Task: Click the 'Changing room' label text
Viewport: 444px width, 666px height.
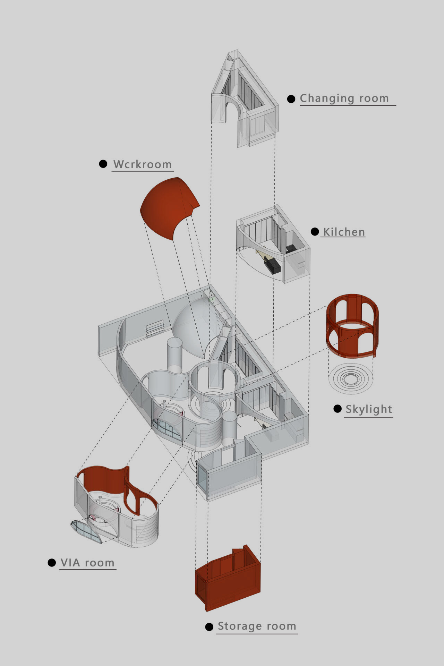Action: (344, 99)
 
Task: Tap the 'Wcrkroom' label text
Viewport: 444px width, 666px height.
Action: (143, 164)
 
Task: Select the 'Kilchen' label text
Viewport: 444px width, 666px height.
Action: (344, 232)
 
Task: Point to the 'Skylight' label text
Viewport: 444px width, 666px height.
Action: (369, 409)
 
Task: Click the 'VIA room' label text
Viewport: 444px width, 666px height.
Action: (87, 563)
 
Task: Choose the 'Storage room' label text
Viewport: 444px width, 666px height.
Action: (257, 626)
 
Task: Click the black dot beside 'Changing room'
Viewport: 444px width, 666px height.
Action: (291, 99)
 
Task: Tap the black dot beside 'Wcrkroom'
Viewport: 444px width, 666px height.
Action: (103, 164)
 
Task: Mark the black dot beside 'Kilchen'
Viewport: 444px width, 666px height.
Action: (315, 232)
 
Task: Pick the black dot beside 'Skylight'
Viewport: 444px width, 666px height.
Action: (338, 409)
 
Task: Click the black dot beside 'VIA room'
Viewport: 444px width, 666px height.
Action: (52, 563)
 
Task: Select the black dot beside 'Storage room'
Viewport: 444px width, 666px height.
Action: (209, 627)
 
